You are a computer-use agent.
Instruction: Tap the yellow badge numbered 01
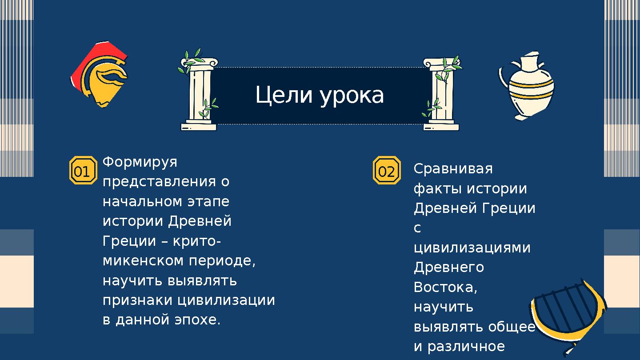pyautogui.click(x=83, y=171)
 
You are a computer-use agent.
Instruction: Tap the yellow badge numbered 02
pyautogui.click(x=386, y=171)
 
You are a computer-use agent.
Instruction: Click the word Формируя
pyautogui.click(x=140, y=162)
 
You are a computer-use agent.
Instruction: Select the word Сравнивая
pyautogui.click(x=453, y=169)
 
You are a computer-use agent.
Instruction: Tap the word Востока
pyautogui.click(x=445, y=287)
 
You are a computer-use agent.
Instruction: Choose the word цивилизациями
pyautogui.click(x=472, y=248)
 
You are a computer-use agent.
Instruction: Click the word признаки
pyautogui.click(x=138, y=300)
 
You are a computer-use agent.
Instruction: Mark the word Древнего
pyautogui.click(x=449, y=267)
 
